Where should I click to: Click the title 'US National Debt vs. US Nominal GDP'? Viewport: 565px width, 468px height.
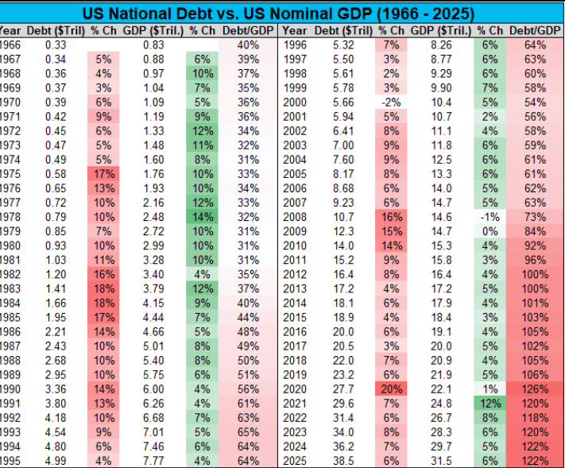coord(282,14)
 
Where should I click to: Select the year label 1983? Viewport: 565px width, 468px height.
coord(10,287)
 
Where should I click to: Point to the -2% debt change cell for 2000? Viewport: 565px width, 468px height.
coord(390,102)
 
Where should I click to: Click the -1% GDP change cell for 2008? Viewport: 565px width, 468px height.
coord(490,216)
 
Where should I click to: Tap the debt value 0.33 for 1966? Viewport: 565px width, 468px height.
coord(55,45)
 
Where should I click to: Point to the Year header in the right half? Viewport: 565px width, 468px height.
coord(295,30)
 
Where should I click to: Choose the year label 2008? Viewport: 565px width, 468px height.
coord(296,216)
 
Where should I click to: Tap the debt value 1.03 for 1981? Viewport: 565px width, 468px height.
coord(55,259)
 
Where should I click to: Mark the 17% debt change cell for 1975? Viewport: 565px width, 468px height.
coord(103,173)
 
